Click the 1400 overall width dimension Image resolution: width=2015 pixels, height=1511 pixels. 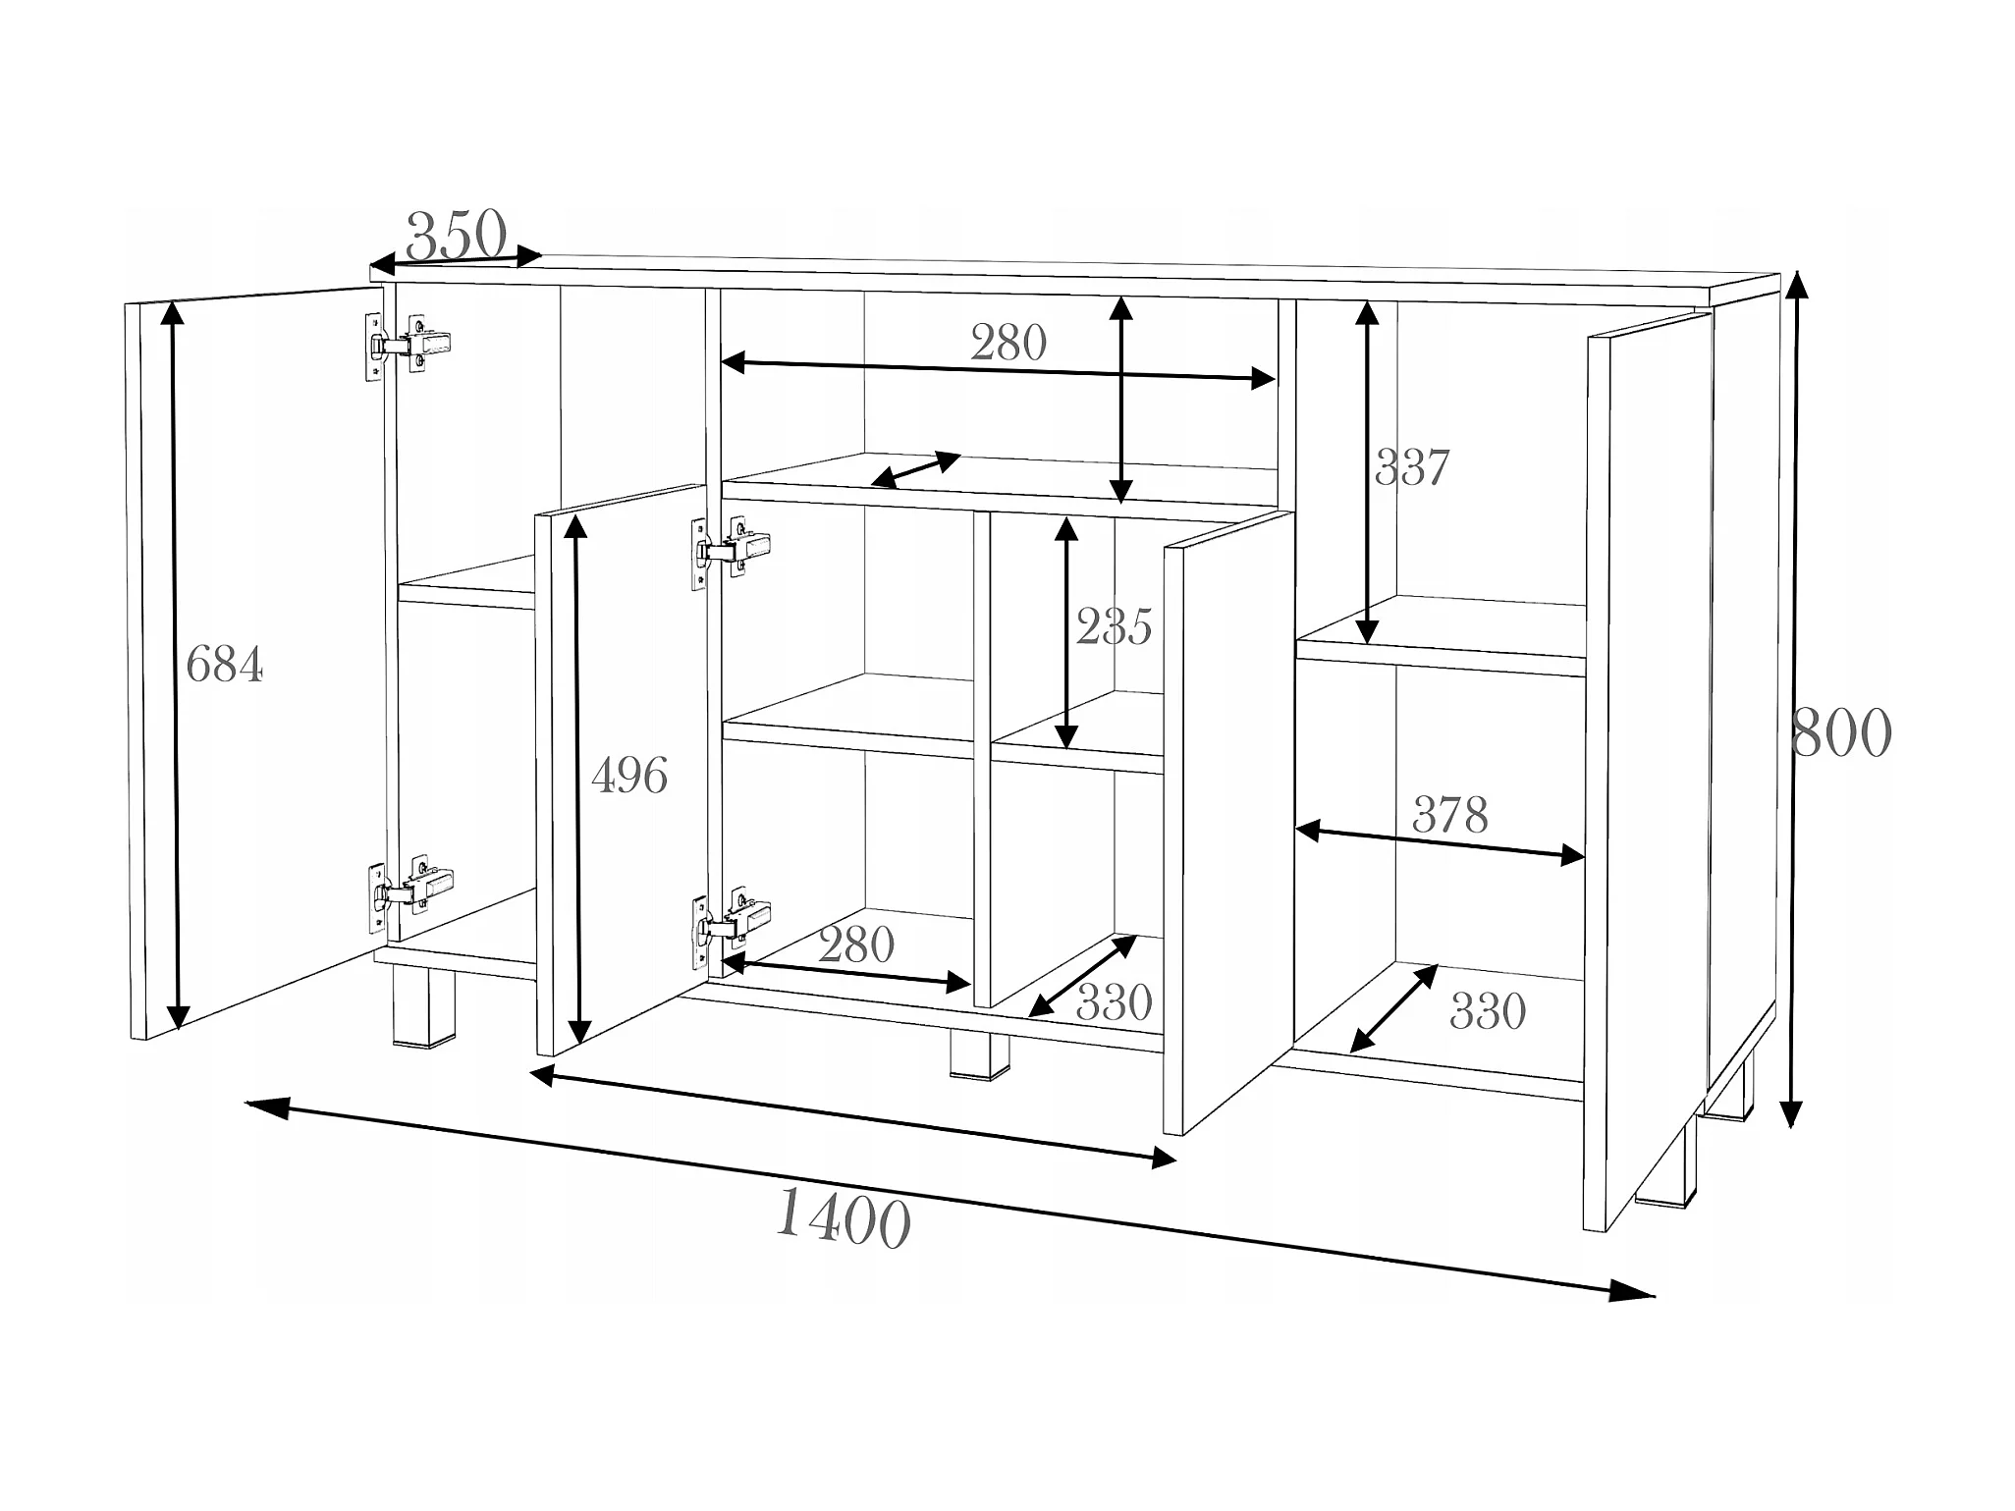coord(844,1218)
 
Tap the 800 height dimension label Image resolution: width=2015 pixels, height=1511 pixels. coord(1842,733)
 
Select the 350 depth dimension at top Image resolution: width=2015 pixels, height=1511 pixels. coord(457,236)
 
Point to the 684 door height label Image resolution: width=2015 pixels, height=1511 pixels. coord(225,665)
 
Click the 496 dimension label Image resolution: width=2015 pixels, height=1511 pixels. coord(629,776)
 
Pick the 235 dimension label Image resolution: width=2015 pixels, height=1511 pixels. coord(1114,626)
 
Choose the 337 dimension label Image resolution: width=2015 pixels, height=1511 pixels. coord(1411,467)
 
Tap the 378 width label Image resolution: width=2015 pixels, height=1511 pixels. coord(1450,815)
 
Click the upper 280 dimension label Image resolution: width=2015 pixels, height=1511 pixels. coord(1008,344)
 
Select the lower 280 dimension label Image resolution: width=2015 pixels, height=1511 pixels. coord(856,945)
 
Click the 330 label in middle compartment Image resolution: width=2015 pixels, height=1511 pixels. coord(1114,1002)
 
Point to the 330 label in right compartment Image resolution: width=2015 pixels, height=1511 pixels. coord(1488,1011)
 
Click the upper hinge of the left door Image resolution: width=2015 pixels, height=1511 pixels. coord(408,345)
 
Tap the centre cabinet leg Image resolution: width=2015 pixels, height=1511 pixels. coord(979,1054)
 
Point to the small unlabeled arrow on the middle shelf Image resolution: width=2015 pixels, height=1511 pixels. coord(915,469)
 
